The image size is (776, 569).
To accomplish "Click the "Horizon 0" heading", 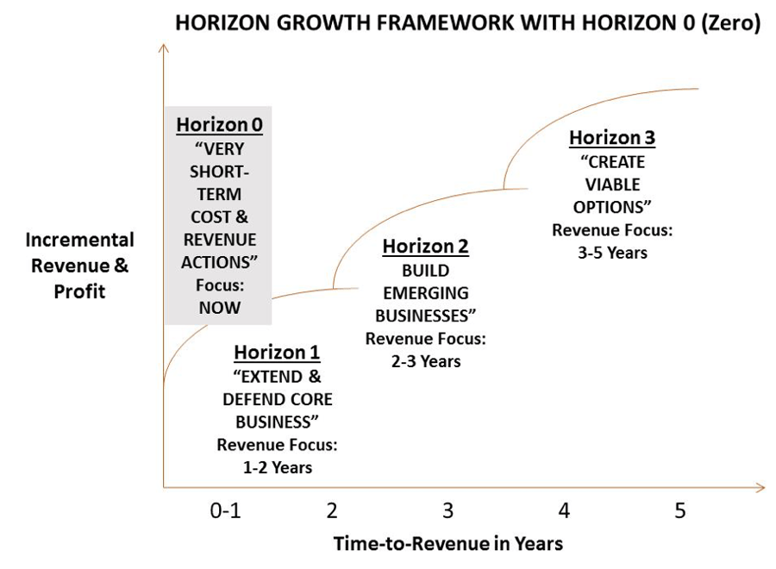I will point(219,124).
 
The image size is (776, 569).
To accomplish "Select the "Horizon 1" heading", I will point(277,352).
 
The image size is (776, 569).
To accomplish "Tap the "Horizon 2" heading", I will point(425,247).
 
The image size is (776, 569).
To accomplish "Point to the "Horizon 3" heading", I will point(612,138).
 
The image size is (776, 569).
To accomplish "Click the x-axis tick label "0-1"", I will point(225,510).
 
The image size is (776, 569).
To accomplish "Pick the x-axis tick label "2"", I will point(332,510).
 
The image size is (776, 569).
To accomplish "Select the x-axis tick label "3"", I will point(447,510).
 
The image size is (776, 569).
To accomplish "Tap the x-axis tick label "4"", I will point(564,510).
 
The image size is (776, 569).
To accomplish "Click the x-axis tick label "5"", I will point(679,510).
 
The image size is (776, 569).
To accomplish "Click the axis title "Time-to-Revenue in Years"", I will point(447,543).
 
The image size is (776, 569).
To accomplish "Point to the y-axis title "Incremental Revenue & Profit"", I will point(79,266).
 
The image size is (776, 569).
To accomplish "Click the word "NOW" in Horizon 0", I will point(219,307).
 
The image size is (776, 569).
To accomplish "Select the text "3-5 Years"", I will point(612,253).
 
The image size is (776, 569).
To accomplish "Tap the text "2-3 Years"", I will point(425,361).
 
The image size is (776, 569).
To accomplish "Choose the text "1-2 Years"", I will point(277,467).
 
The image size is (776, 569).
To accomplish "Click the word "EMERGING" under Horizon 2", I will point(425,293).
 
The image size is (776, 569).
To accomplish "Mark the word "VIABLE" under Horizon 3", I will point(612,184).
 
